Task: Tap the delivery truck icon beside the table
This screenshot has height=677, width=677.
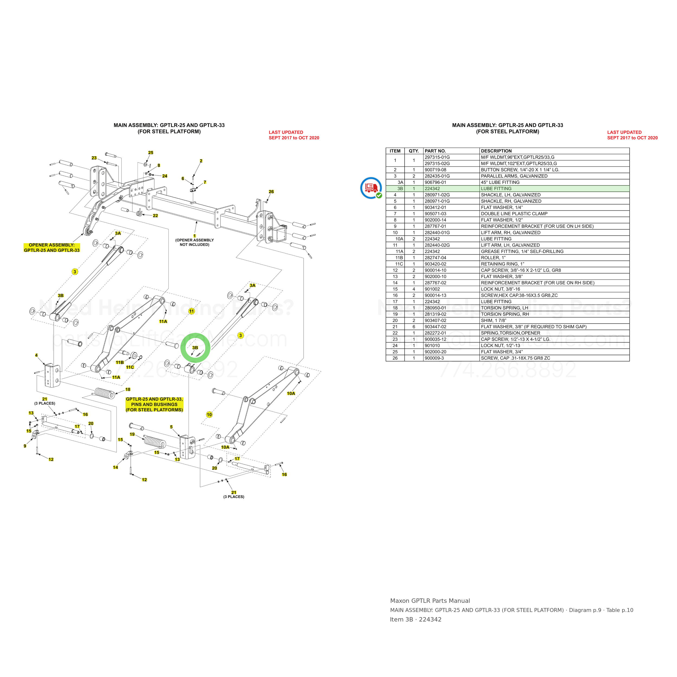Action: pyautogui.click(x=371, y=188)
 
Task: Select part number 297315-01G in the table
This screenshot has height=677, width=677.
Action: pyautogui.click(x=437, y=157)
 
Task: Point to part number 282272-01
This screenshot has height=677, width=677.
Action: pyautogui.click(x=435, y=333)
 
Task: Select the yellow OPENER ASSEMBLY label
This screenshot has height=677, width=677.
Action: pyautogui.click(x=52, y=248)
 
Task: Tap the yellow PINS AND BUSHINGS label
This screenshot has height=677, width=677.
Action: pyautogui.click(x=154, y=404)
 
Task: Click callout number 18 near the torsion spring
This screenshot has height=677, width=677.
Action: pyautogui.click(x=128, y=389)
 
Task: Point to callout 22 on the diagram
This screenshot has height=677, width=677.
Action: pyautogui.click(x=155, y=216)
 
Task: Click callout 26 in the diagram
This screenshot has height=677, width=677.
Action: pyautogui.click(x=271, y=192)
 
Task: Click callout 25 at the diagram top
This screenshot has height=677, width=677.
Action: pyautogui.click(x=151, y=152)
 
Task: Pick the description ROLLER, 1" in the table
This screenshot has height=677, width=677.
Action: pyautogui.click(x=493, y=258)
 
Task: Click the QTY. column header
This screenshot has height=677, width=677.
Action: pyautogui.click(x=414, y=151)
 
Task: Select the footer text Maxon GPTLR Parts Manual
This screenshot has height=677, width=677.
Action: pyautogui.click(x=430, y=601)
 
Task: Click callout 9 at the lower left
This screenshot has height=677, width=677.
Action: pyautogui.click(x=25, y=446)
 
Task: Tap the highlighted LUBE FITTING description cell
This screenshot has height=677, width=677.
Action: pyautogui.click(x=496, y=188)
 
